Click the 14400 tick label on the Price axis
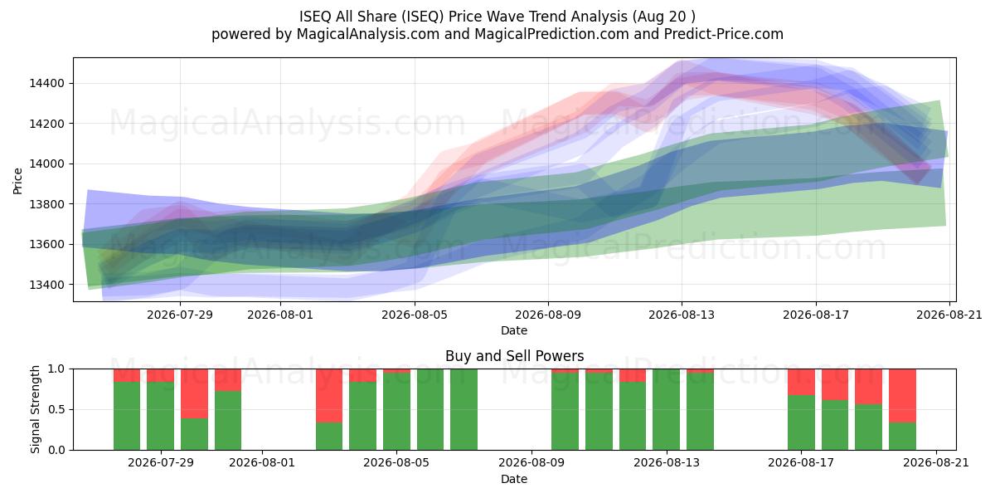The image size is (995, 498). (x=46, y=83)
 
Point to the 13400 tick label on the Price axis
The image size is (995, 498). (x=46, y=285)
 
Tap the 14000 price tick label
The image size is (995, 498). (x=46, y=164)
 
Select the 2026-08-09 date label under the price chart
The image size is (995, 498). (x=548, y=315)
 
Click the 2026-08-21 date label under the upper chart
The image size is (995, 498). (x=949, y=315)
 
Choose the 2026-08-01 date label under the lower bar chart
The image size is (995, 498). (x=262, y=462)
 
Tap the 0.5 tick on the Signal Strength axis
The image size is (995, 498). (x=56, y=409)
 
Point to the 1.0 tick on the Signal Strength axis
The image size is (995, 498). (x=56, y=369)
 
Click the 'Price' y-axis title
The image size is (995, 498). (x=17, y=181)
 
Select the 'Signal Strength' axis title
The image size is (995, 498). (x=35, y=409)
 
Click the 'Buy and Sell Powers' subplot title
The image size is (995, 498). (x=514, y=356)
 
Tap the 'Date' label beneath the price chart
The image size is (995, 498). (x=514, y=330)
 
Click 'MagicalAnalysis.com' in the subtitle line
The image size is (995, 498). (x=368, y=34)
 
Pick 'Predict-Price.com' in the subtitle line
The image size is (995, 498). (x=724, y=34)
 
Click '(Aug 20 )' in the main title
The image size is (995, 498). (x=663, y=17)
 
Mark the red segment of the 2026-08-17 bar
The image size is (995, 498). (x=801, y=382)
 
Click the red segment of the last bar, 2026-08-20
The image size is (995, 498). (x=902, y=396)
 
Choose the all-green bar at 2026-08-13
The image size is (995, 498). (x=667, y=409)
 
